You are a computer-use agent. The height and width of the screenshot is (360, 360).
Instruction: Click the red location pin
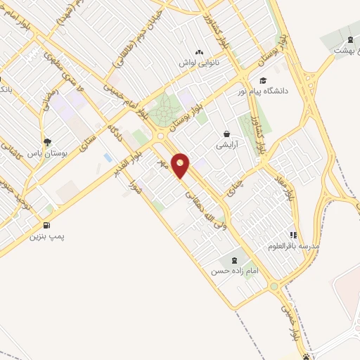[181, 165]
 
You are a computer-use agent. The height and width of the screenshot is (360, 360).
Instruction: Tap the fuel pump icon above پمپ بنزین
[46, 226]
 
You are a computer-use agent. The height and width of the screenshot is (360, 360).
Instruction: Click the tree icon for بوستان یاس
[46, 141]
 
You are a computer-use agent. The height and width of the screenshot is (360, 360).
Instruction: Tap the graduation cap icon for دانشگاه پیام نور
[263, 81]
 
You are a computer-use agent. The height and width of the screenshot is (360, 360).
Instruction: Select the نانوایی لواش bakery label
[199, 63]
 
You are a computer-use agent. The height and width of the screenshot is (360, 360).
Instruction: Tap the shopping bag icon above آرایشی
[226, 133]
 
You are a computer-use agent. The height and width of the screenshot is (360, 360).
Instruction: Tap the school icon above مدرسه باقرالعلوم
[292, 236]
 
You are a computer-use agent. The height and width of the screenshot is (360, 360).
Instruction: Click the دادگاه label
[114, 130]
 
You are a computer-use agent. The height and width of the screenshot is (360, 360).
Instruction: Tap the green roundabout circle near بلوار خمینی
[274, 286]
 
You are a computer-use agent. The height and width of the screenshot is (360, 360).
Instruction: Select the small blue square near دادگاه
[107, 156]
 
